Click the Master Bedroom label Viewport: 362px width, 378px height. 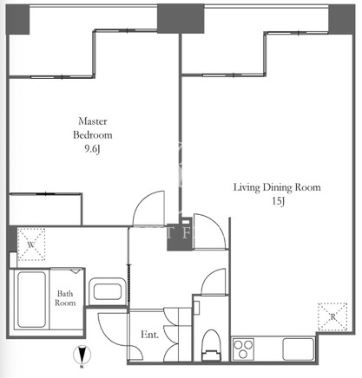click(93, 127)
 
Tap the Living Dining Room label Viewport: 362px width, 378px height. click(277, 187)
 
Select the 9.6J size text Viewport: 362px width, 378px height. click(92, 149)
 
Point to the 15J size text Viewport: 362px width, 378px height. click(278, 201)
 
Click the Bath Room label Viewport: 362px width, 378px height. click(65, 298)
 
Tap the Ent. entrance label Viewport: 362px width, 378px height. click(149, 335)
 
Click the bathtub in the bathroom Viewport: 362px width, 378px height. click(31, 299)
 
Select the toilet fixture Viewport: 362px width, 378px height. click(211, 345)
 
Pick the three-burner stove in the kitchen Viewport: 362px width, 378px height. click(243, 349)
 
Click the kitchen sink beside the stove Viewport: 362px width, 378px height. click(299, 349)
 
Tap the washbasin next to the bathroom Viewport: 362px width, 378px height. click(107, 291)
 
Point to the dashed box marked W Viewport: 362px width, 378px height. click(31, 244)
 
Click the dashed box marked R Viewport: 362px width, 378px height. click(332, 316)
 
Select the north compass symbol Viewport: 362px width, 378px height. click(82, 355)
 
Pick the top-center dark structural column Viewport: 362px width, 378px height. click(181, 19)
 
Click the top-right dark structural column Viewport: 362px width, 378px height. click(341, 19)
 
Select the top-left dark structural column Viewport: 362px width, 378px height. click(17, 19)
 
